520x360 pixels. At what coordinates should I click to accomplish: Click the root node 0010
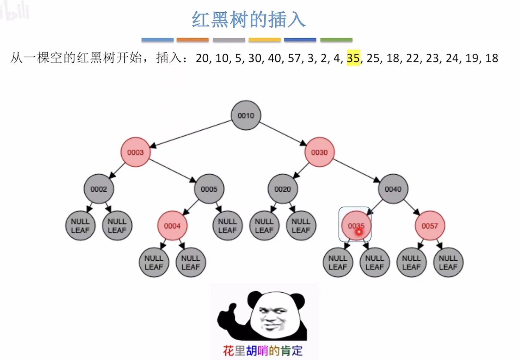246,116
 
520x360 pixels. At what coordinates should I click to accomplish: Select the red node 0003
135,152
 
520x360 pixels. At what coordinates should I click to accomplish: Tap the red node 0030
319,152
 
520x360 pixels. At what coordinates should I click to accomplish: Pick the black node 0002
99,189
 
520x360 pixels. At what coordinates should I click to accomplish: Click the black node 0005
209,189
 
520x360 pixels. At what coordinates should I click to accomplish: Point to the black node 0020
282,189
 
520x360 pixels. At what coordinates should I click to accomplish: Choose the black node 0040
393,189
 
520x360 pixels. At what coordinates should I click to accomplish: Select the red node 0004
172,226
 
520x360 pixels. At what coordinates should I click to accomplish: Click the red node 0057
429,226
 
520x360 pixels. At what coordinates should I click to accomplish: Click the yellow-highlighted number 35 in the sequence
353,58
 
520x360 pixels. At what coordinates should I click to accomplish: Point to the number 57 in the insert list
294,58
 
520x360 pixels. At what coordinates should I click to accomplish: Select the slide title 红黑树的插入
248,20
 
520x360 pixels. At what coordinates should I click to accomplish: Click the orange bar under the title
192,40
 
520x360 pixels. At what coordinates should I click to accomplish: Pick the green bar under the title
336,40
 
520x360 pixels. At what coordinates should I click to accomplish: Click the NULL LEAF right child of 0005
227,226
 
